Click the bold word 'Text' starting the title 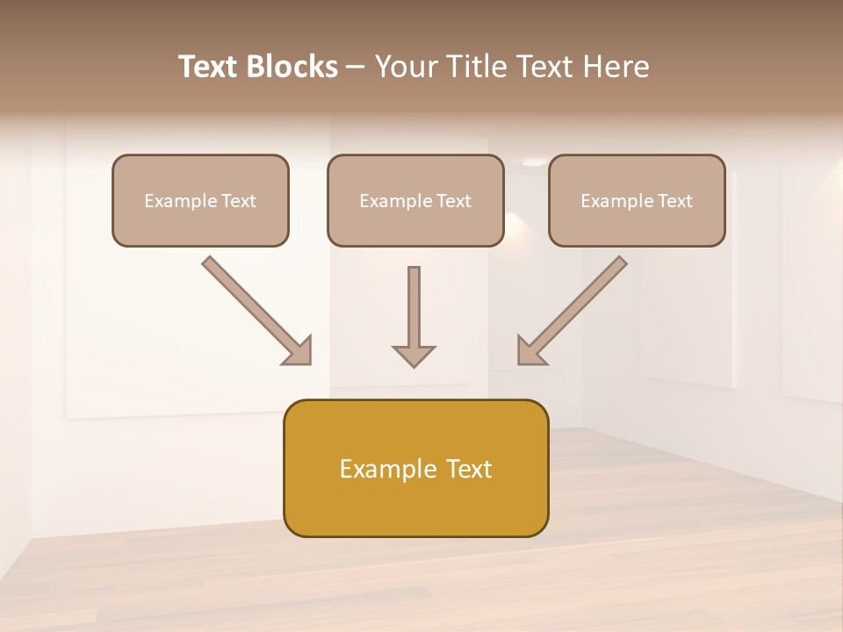pyautogui.click(x=210, y=67)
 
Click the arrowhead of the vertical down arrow pyautogui.click(x=414, y=355)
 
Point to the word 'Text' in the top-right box pyautogui.click(x=674, y=201)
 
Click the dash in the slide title pyautogui.click(x=356, y=67)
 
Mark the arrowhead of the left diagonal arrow pyautogui.click(x=299, y=351)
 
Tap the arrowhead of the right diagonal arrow pyautogui.click(x=530, y=351)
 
